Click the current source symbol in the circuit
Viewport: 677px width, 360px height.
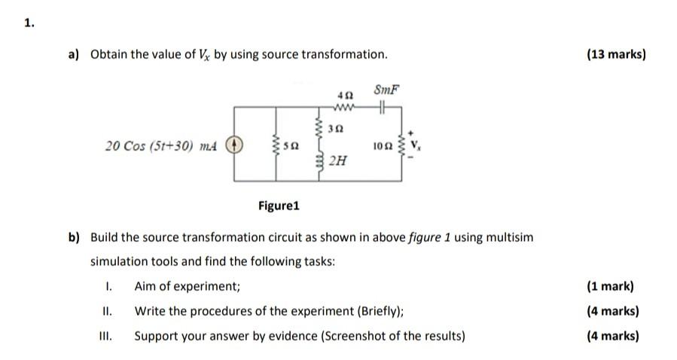click(234, 145)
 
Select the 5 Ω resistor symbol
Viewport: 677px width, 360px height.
click(276, 145)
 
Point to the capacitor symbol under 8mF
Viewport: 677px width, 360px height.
click(382, 108)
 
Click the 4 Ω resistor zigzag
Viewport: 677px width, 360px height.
click(346, 108)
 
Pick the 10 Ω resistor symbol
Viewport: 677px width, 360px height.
click(410, 145)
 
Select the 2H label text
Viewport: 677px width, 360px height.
click(338, 160)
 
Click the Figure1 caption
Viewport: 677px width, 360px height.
click(279, 205)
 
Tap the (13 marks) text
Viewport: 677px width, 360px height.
click(615, 54)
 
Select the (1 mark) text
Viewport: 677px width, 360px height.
click(611, 286)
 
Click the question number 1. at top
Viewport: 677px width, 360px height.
click(29, 23)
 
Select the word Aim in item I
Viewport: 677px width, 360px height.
click(145, 286)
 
